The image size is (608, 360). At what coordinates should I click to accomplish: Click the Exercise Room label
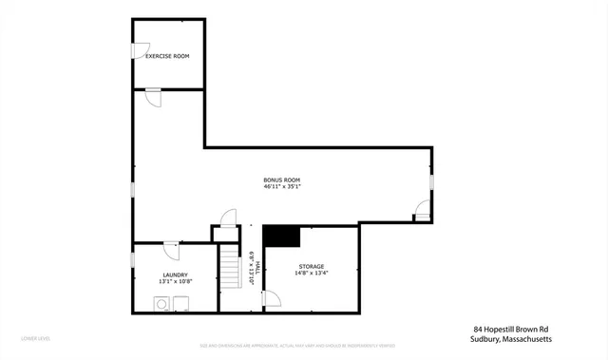coord(167,56)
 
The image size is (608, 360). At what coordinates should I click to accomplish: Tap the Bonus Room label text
coord(282,180)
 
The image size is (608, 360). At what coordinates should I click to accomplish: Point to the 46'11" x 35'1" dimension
coord(282,187)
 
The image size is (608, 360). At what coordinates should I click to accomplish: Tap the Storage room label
coord(312,266)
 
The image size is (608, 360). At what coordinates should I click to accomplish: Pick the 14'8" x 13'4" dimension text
coord(312,274)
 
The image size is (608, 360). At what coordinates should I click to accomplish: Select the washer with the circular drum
coord(162,304)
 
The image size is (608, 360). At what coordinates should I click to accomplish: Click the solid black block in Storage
coord(281,236)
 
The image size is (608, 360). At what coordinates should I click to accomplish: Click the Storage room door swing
coord(272,300)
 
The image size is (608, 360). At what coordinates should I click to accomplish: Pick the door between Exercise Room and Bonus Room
coord(153,97)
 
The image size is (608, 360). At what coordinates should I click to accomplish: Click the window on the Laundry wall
coord(132,261)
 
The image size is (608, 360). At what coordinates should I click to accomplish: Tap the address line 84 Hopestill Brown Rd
coord(510,329)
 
